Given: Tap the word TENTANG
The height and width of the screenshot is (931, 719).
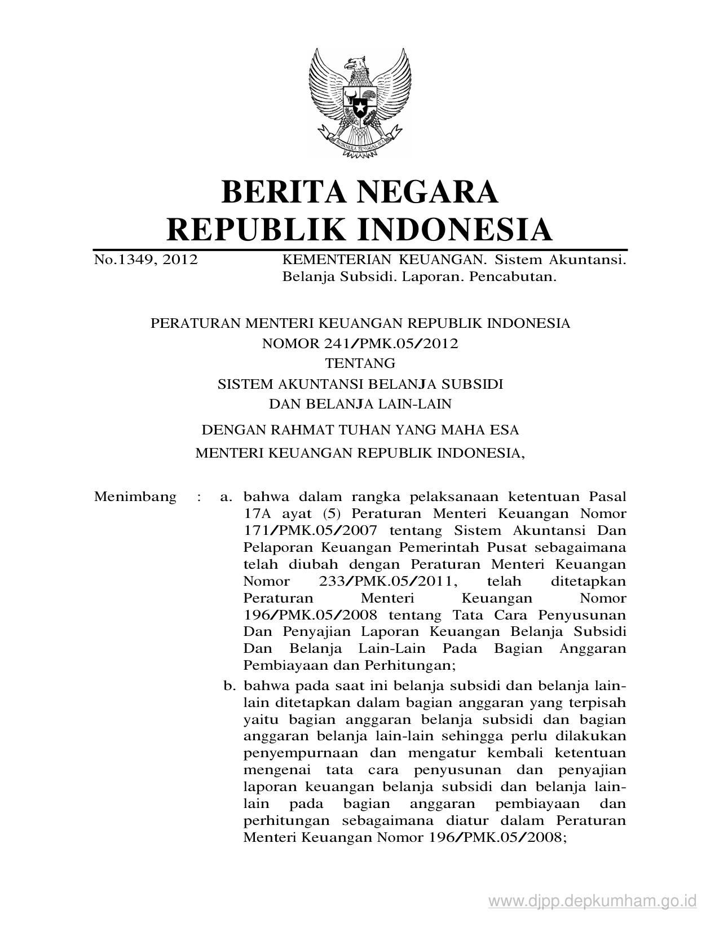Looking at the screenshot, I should pyautogui.click(x=360, y=363).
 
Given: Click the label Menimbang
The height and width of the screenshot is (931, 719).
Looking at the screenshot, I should pyautogui.click(x=135, y=497).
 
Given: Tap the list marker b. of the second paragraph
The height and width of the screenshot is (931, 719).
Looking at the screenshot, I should pyautogui.click(x=229, y=686).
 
